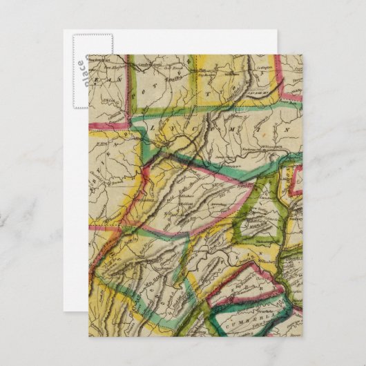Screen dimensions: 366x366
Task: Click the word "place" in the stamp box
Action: [81, 70]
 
